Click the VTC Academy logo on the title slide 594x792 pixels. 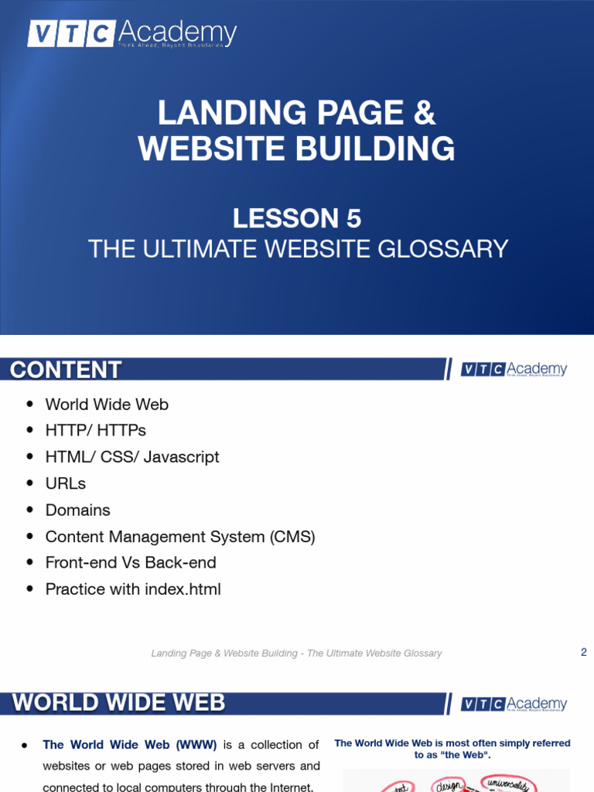click(132, 34)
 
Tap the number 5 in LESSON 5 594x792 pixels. click(353, 219)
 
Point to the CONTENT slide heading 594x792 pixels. click(66, 370)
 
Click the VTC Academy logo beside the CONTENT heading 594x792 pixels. click(514, 370)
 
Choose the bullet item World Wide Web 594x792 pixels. click(107, 405)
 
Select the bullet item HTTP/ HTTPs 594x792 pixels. click(95, 430)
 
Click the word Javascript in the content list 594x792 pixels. click(183, 457)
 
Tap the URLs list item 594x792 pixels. click(66, 483)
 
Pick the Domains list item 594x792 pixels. click(77, 510)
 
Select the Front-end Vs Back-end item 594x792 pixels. click(131, 563)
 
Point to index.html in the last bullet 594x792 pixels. click(183, 589)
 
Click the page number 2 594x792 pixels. click(584, 652)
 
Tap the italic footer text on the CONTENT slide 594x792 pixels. click(296, 654)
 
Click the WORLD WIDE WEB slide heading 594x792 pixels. click(118, 703)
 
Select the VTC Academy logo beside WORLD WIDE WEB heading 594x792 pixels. click(514, 704)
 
